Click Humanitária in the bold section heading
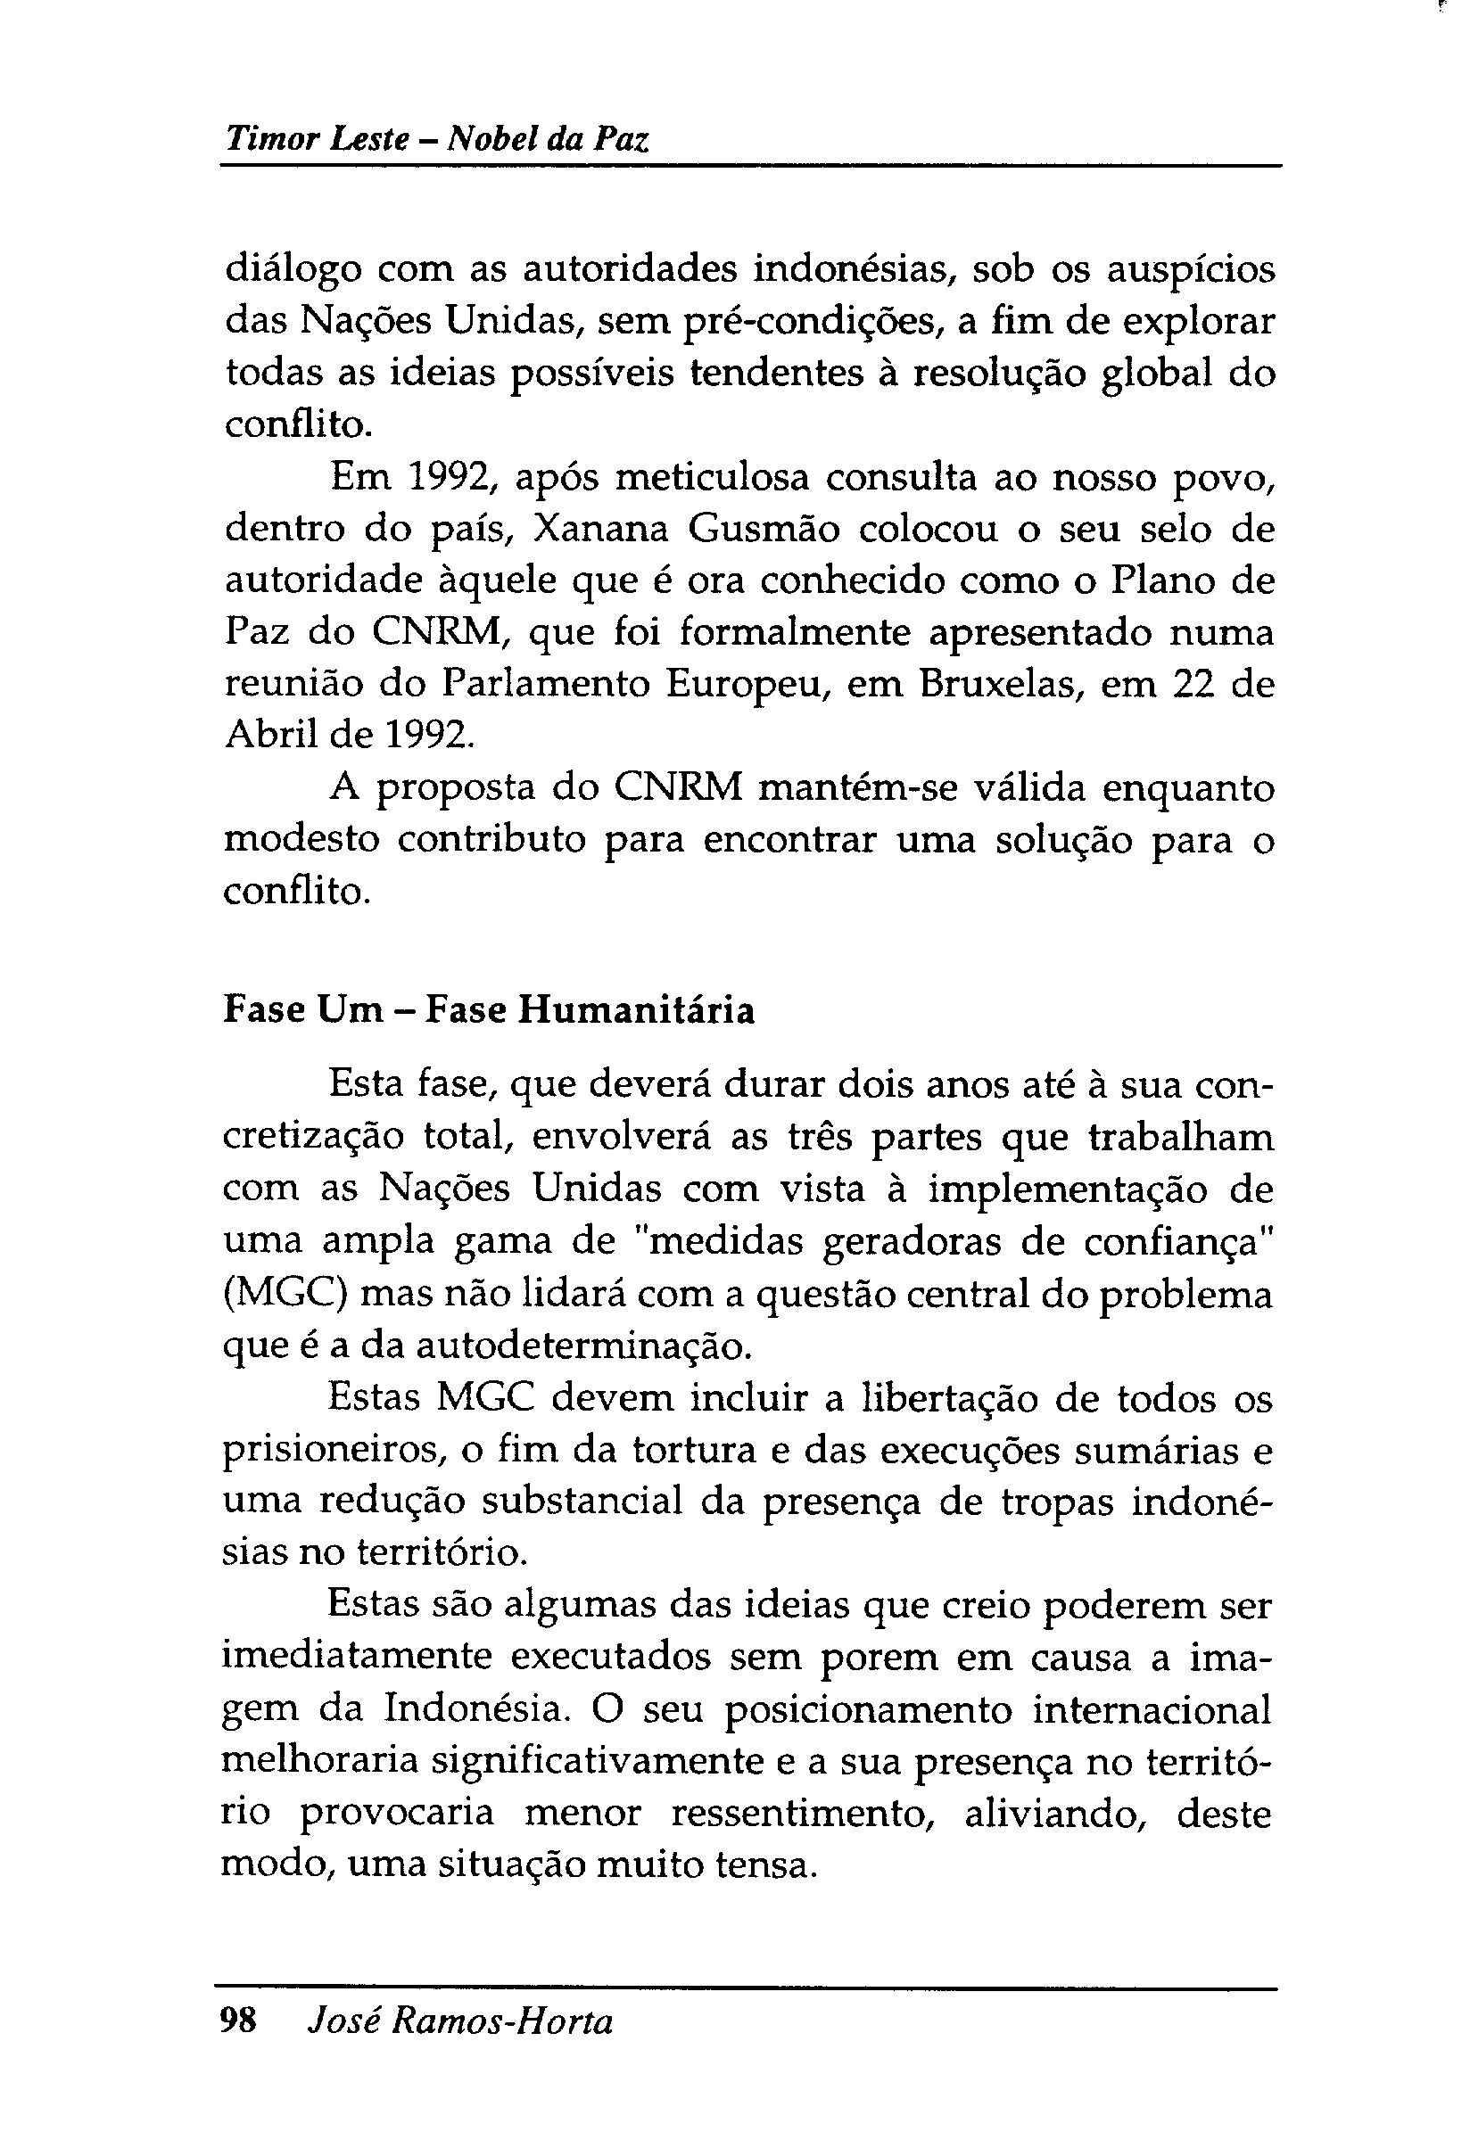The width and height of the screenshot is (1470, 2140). (635, 1010)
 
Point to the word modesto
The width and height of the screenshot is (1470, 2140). (301, 840)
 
